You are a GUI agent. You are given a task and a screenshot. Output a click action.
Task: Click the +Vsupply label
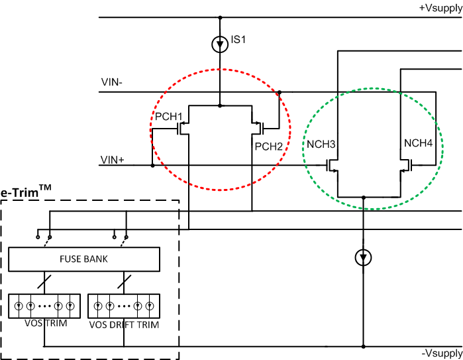point(439,7)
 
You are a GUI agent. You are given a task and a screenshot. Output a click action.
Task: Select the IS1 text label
point(238,40)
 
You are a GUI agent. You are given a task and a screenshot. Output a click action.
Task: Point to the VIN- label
point(112,84)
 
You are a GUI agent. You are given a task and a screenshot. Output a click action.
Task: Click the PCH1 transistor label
point(168,117)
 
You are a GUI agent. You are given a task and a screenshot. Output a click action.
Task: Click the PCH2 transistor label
point(268,145)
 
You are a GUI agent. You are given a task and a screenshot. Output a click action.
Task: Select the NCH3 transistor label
point(321,145)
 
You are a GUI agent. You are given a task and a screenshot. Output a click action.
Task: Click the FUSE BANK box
point(83,258)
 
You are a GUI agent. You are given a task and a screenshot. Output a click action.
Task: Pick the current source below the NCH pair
point(363,256)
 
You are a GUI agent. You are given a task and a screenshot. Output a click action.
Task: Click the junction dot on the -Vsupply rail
point(363,346)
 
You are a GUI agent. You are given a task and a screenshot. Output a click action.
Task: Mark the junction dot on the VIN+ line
point(152,165)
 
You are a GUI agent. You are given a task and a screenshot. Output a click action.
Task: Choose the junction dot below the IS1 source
point(220,105)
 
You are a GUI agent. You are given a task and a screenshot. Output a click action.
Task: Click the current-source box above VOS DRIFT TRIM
point(123,306)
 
